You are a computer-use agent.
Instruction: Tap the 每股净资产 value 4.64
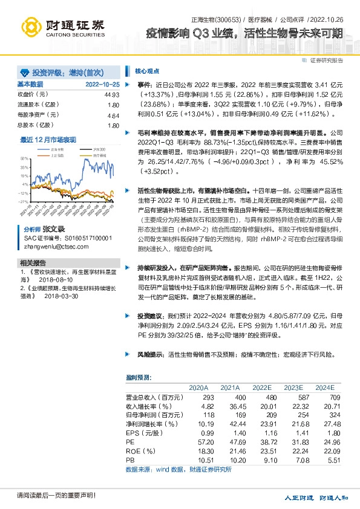113,115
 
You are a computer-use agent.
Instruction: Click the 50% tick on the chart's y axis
24,157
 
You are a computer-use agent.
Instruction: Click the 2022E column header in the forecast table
261,387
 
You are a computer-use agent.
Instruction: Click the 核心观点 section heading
147,70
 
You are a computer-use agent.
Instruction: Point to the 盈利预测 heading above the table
139,377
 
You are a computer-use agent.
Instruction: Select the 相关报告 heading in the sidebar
33,263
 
